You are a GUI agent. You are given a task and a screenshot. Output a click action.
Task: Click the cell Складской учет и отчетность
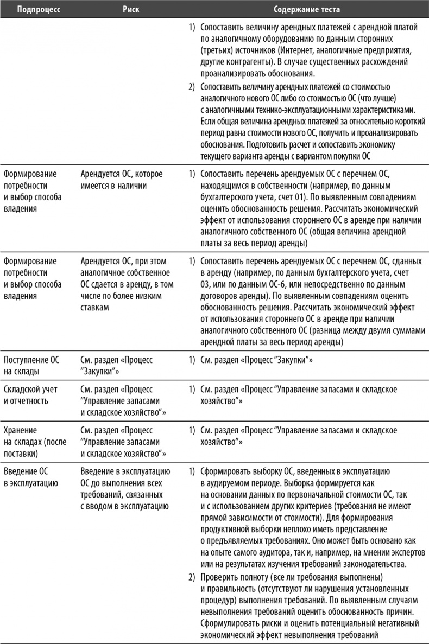[30, 396]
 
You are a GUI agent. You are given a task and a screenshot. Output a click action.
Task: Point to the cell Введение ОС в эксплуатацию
[30, 475]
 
